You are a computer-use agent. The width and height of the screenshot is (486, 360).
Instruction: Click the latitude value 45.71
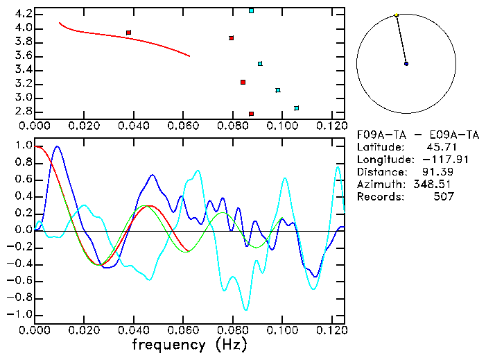438,147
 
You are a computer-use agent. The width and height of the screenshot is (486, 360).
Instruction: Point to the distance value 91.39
438,172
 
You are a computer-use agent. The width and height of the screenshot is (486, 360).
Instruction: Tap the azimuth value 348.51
435,185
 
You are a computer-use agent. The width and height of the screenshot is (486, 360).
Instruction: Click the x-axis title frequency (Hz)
189,345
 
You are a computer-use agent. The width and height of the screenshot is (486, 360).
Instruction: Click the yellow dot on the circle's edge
396,15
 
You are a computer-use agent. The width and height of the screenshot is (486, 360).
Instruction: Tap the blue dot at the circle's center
406,64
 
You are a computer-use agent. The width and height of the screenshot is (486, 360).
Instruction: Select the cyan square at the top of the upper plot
251,11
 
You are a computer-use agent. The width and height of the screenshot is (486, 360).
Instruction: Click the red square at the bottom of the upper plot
251,114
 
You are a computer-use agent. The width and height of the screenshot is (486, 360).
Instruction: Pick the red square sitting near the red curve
129,33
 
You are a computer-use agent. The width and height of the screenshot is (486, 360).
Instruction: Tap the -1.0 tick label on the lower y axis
20,315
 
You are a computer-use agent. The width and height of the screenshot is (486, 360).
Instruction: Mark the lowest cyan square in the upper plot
296,108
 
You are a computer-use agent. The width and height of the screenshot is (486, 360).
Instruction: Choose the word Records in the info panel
379,197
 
